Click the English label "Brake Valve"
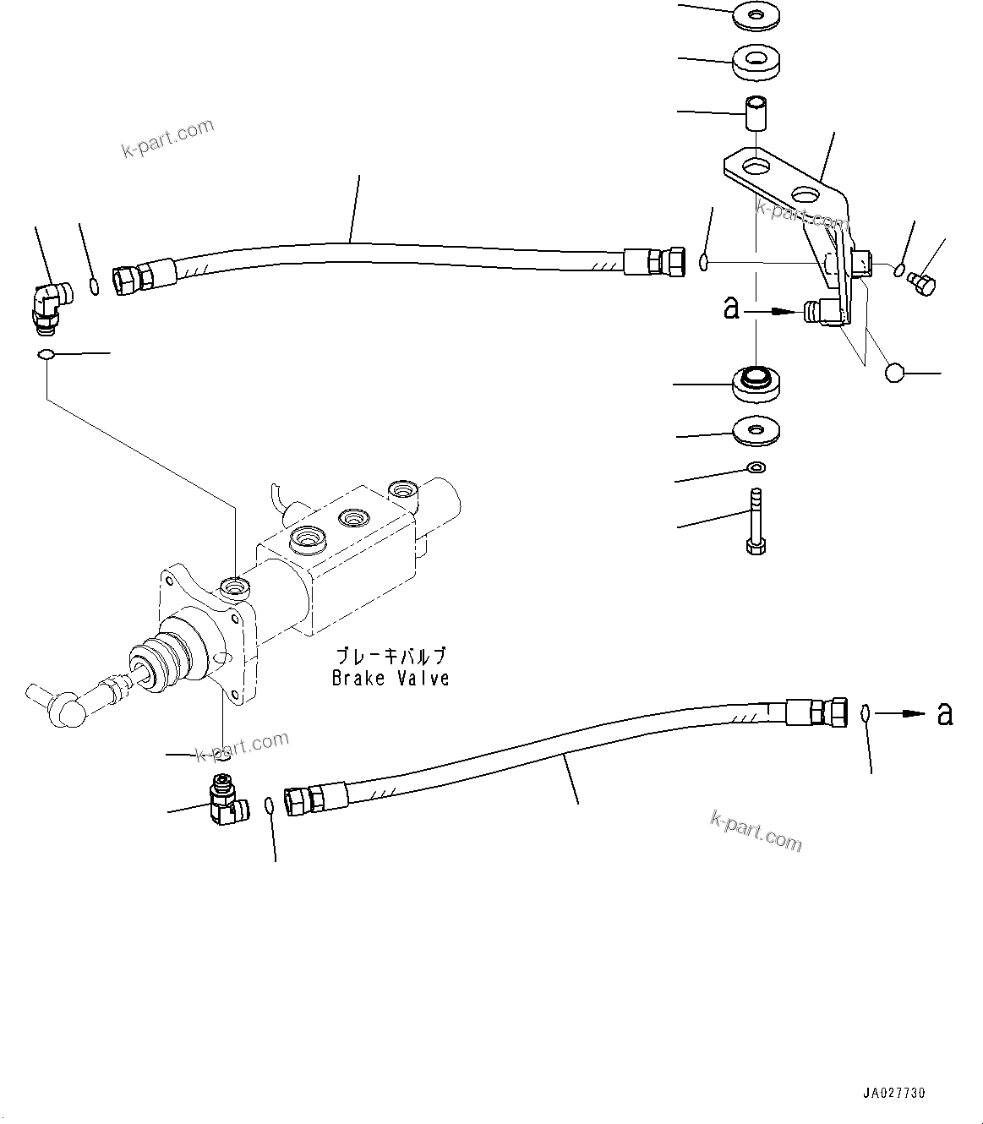pos(390,678)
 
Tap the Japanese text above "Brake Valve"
pos(390,656)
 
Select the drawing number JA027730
pos(894,1093)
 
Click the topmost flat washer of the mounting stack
pos(755,14)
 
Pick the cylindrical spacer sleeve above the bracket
pos(755,113)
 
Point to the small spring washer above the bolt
pos(756,467)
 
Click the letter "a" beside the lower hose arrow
pos(945,714)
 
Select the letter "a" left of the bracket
pos(731,308)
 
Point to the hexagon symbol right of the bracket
pos(895,372)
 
